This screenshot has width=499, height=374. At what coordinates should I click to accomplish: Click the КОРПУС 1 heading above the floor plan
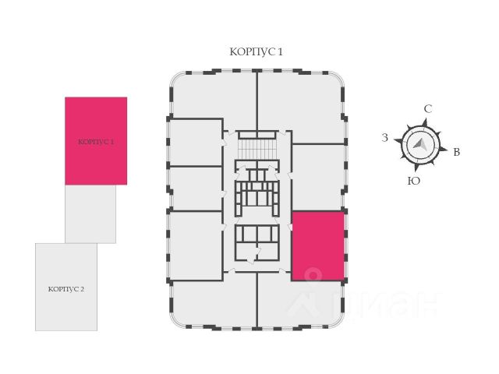click(256, 51)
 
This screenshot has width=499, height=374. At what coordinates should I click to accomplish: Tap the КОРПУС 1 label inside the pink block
click(96, 142)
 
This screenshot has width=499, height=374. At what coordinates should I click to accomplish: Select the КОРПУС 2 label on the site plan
click(66, 288)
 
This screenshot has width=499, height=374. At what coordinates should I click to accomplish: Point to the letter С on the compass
click(427, 109)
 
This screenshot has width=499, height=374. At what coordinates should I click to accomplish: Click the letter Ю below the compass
click(415, 181)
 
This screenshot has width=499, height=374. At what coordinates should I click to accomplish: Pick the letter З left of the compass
click(384, 138)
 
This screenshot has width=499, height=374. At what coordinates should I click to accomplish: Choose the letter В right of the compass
click(457, 152)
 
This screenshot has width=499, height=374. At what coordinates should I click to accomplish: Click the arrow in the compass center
click(420, 144)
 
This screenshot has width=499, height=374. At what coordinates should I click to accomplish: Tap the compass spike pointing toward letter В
click(443, 149)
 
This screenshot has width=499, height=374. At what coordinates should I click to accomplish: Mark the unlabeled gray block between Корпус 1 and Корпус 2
click(90, 213)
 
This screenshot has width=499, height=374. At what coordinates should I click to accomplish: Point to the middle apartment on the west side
click(195, 188)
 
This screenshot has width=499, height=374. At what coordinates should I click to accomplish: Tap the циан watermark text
click(366, 300)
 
